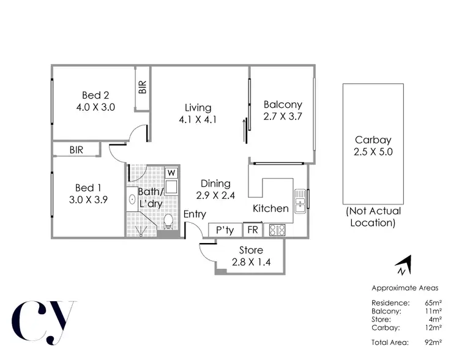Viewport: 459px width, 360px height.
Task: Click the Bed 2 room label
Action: click(x=95, y=95)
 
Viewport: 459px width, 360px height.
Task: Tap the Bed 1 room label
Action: click(x=84, y=187)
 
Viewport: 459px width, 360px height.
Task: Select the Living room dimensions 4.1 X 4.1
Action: click(x=198, y=120)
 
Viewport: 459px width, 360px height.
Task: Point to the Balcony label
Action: click(x=283, y=104)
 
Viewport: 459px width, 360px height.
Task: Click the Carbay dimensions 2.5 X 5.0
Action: click(x=373, y=152)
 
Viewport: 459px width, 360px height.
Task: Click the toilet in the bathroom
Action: click(x=168, y=221)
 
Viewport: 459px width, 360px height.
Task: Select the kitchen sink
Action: click(x=300, y=199)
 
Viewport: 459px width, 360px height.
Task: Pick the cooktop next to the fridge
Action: click(x=277, y=231)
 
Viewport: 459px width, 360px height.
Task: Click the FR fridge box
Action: click(x=252, y=231)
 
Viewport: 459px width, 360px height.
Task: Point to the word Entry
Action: click(x=195, y=214)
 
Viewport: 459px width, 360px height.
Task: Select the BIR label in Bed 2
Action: click(x=143, y=88)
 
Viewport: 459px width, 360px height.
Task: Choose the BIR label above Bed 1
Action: click(x=76, y=149)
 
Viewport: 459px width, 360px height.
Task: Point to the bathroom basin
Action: click(x=132, y=200)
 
